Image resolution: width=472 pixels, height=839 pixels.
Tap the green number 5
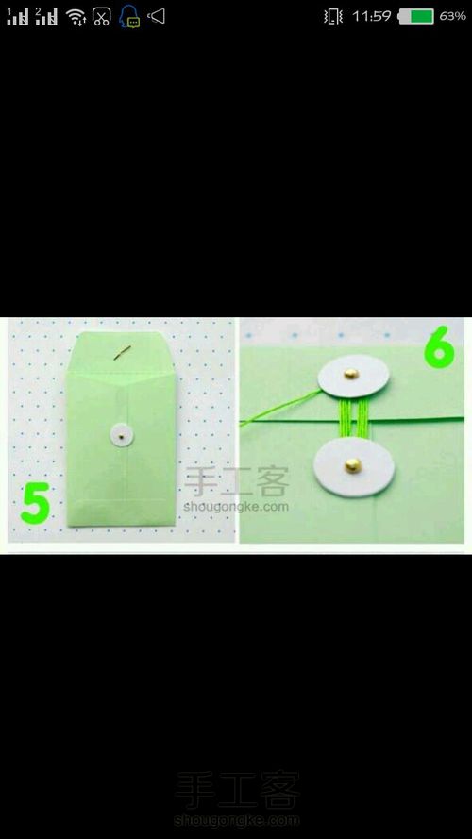[x=36, y=503]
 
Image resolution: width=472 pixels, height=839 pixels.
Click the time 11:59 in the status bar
[x=371, y=17]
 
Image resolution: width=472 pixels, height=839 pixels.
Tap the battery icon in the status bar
[x=415, y=17]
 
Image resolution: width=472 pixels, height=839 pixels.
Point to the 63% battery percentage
[x=452, y=17]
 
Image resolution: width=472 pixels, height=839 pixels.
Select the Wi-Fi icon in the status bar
[x=76, y=17]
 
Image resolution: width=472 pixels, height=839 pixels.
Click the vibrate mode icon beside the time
[x=333, y=17]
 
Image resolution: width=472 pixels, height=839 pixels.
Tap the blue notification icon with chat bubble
[x=129, y=17]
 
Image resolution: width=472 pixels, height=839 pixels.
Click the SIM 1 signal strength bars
[x=18, y=17]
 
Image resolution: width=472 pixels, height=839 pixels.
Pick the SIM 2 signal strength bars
[x=46, y=17]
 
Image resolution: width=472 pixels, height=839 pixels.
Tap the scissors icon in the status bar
[x=101, y=17]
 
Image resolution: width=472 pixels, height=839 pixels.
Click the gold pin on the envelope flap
[x=123, y=353]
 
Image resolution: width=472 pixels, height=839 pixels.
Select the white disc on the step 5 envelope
[x=122, y=435]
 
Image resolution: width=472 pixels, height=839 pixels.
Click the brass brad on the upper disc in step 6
[x=351, y=374]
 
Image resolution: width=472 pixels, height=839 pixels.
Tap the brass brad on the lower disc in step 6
[x=353, y=465]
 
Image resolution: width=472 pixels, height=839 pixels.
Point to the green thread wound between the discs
[x=353, y=418]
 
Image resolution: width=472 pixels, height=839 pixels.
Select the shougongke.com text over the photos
[x=236, y=506]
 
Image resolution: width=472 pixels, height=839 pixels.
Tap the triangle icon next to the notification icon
[x=157, y=17]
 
